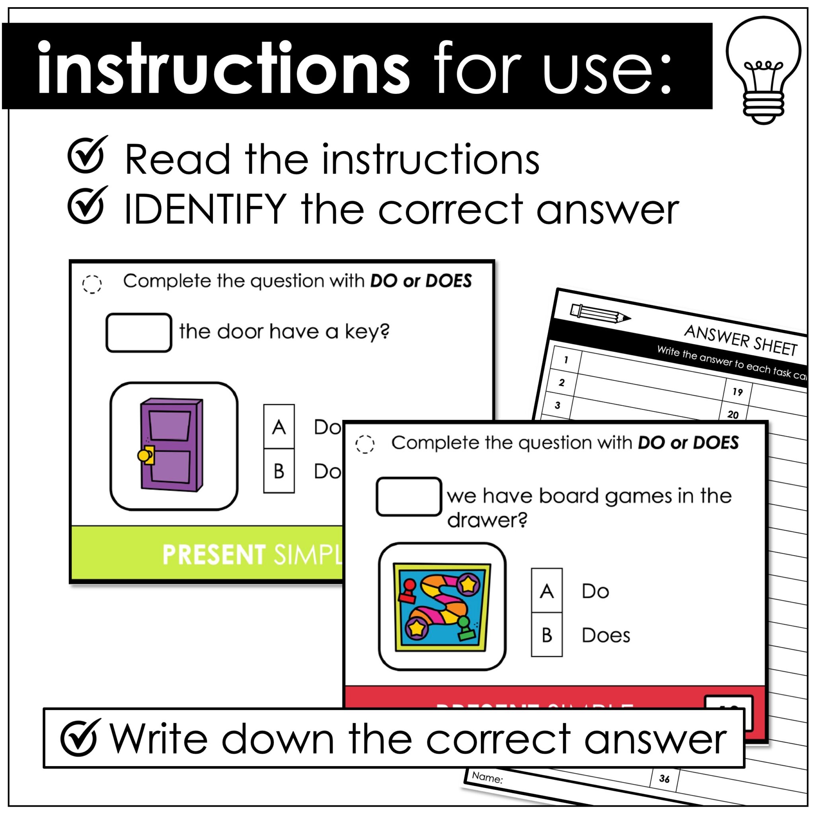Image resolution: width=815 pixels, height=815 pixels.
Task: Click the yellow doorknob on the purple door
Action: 144,456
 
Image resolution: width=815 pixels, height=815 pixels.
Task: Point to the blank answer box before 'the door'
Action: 139,332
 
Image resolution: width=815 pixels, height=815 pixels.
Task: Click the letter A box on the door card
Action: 279,427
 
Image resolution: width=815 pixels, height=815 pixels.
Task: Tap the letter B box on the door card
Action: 279,471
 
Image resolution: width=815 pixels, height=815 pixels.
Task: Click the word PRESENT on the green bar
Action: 213,554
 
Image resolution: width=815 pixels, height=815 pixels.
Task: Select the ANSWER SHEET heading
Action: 740,340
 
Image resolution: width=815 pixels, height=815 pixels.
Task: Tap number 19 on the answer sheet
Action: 737,392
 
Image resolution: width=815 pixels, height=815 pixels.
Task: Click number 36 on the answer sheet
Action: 665,779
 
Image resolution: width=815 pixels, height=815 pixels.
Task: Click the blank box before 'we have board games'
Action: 409,497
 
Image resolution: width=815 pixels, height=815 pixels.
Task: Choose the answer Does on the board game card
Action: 606,635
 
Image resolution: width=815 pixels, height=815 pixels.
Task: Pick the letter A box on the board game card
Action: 547,591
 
